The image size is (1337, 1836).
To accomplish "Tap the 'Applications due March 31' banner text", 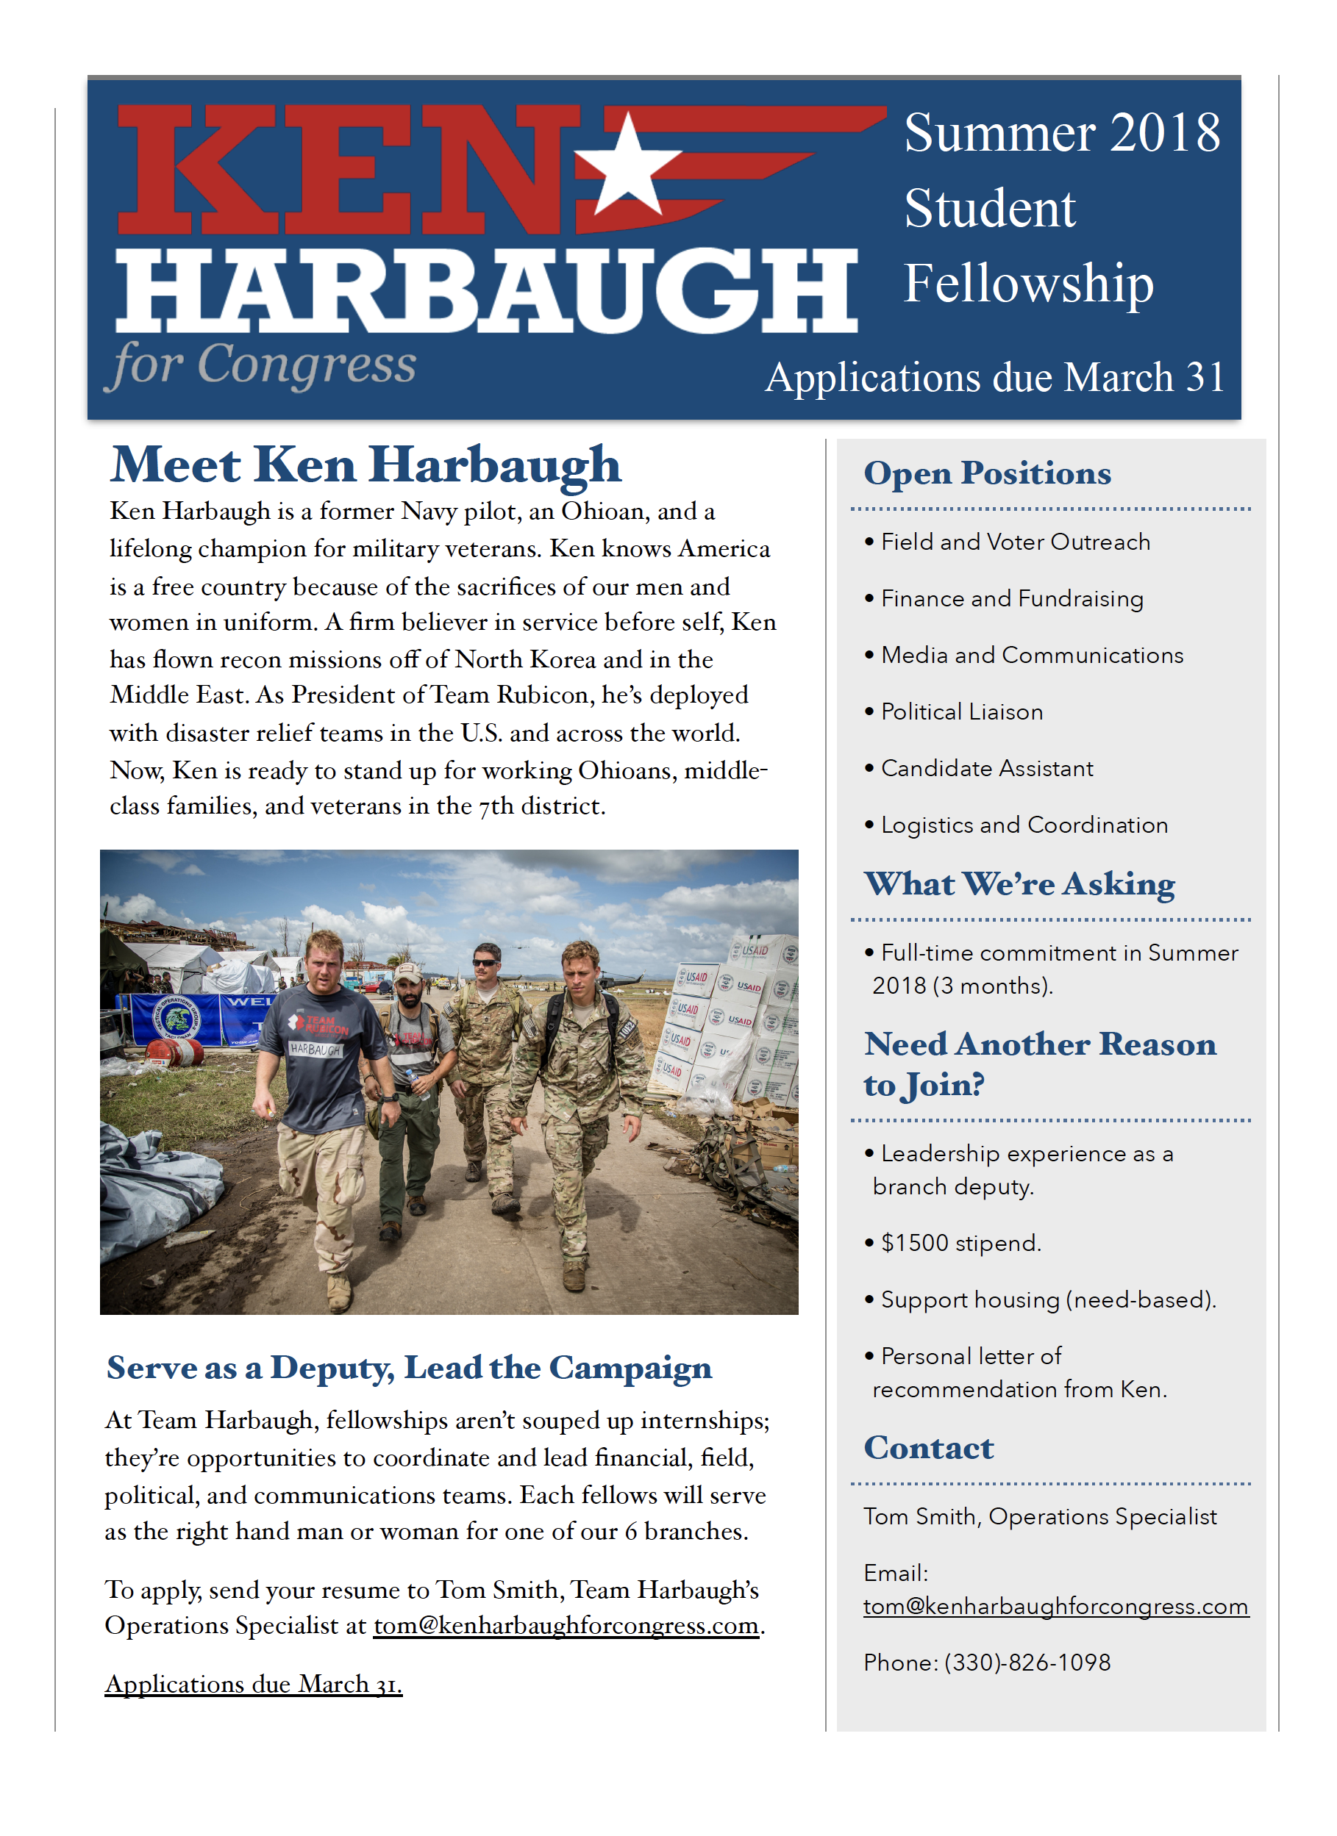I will pyautogui.click(x=994, y=377).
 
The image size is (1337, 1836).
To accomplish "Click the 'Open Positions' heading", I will pyautogui.click(x=987, y=473).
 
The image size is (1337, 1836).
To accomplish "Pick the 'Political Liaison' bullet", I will pyautogui.click(x=961, y=712).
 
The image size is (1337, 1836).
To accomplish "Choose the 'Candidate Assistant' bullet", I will pyautogui.click(x=986, y=769).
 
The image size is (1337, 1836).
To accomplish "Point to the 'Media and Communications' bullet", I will pyautogui.click(x=1032, y=656).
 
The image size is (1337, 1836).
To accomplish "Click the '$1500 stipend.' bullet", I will pyautogui.click(x=960, y=1244).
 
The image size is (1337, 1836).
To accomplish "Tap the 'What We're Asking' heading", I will pyautogui.click(x=1019, y=884).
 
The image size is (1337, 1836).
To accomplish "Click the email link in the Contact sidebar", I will pyautogui.click(x=1055, y=1607).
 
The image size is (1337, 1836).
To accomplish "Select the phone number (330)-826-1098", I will pyautogui.click(x=1027, y=1663).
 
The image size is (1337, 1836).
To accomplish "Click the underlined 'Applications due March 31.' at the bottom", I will pyautogui.click(x=254, y=1685).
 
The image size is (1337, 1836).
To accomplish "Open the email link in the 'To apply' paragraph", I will pyautogui.click(x=566, y=1626).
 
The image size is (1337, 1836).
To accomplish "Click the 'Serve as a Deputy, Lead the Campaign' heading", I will pyautogui.click(x=409, y=1368).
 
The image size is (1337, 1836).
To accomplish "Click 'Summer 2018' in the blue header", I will pyautogui.click(x=1062, y=133).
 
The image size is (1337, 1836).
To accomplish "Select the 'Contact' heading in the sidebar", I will pyautogui.click(x=928, y=1448).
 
